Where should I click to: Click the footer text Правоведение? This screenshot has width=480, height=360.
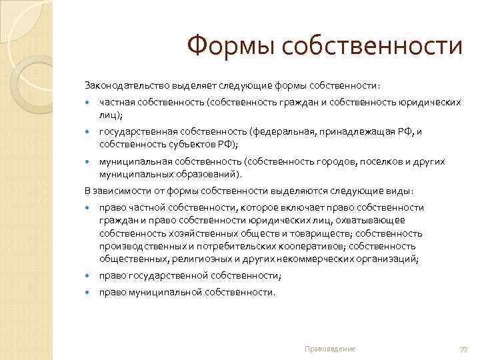[x=329, y=349]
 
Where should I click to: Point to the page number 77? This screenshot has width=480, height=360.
[x=463, y=349]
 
